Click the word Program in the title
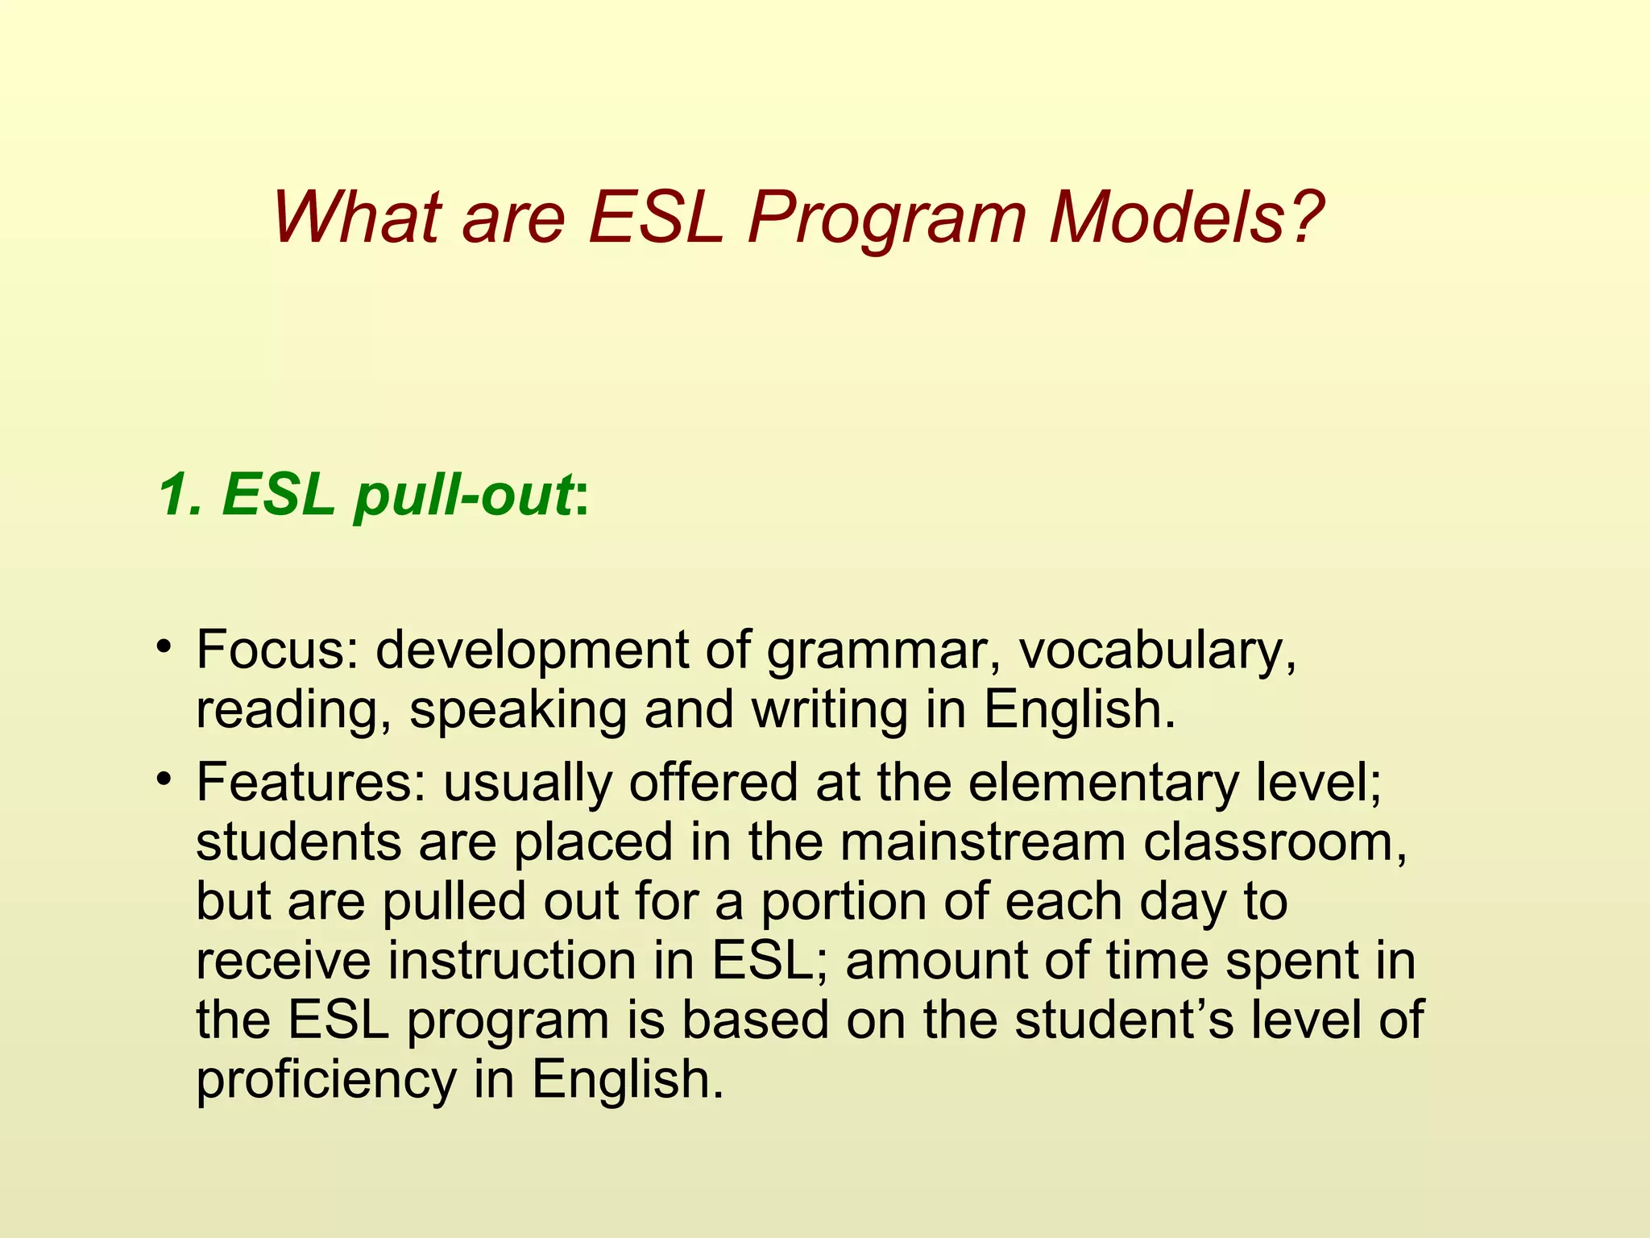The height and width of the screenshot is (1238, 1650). [x=886, y=219]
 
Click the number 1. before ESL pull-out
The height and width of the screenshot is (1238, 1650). [x=184, y=493]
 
